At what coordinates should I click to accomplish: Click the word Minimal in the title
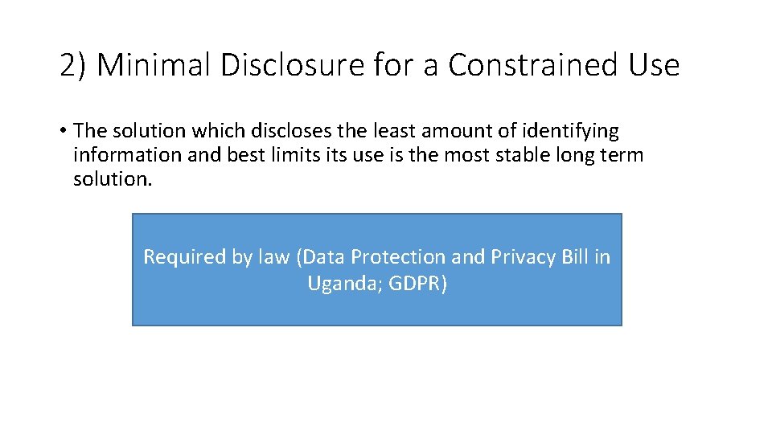click(154, 65)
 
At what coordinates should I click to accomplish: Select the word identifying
click(570, 130)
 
